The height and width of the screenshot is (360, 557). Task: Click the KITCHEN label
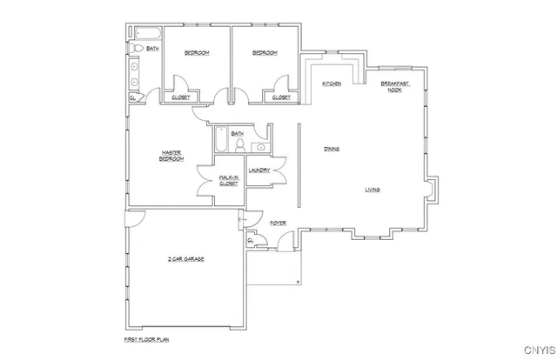tap(331, 83)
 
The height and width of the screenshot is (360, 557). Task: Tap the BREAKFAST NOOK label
tap(394, 86)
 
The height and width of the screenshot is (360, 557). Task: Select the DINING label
tap(332, 149)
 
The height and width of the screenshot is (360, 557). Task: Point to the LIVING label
tap(372, 189)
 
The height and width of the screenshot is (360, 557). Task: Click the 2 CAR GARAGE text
tap(186, 259)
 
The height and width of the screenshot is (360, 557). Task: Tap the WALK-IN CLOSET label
tap(229, 180)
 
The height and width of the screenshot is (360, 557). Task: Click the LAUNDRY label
tap(259, 170)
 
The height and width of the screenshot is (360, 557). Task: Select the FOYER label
tap(278, 223)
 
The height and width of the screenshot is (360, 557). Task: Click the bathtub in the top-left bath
tap(145, 36)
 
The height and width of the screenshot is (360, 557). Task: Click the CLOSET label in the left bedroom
tap(181, 97)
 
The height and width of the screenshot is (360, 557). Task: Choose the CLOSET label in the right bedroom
tap(281, 97)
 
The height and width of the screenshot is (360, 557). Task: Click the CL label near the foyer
tap(252, 240)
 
